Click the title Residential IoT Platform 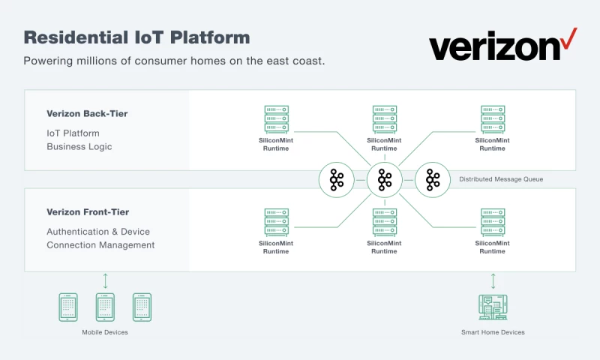[x=137, y=37]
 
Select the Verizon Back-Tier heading [x=87, y=114]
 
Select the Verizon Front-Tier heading [x=87, y=212]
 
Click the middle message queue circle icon [x=385, y=179]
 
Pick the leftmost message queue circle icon [x=337, y=179]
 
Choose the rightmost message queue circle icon [x=433, y=179]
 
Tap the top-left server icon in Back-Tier [x=277, y=118]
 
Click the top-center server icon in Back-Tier [x=385, y=118]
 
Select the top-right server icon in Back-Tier [x=493, y=118]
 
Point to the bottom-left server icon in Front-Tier [x=277, y=222]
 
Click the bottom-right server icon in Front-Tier [x=493, y=222]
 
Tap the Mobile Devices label [x=105, y=332]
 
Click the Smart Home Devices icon [x=493, y=307]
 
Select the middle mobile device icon [x=105, y=307]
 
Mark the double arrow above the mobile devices [x=105, y=281]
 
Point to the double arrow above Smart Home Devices [x=493, y=281]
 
